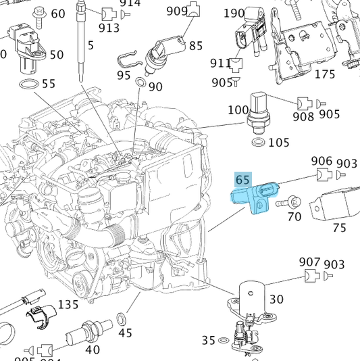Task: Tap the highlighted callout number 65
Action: coord(243,180)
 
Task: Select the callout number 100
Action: coord(238,110)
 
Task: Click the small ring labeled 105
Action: coord(257,143)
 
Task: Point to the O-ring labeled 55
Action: coord(27,85)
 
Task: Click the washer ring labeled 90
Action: coord(140,83)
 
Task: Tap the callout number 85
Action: coord(196,46)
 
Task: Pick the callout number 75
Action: coord(339,227)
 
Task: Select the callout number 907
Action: coord(309,262)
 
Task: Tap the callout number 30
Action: coord(277,299)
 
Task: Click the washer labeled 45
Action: coord(125,318)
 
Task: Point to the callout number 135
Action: coord(68,305)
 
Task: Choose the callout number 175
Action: coord(325,74)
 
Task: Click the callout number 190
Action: coord(234,13)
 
